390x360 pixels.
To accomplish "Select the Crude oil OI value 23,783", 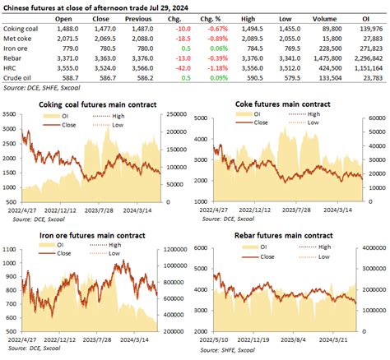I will pyautogui.click(x=372, y=80).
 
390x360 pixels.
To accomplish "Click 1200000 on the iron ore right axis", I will pyautogui.click(x=181, y=250).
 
